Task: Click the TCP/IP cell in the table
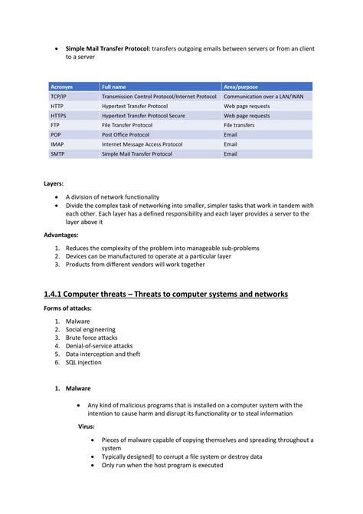click(x=60, y=97)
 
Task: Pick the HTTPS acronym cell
click(x=59, y=115)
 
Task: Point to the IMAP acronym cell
click(x=58, y=143)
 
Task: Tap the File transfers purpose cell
click(x=239, y=124)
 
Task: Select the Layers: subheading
click(x=54, y=184)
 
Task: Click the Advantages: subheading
click(x=61, y=236)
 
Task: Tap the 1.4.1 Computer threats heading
click(x=165, y=294)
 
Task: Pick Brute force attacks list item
click(x=91, y=338)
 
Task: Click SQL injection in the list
click(x=83, y=362)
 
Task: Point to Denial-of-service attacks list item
click(x=99, y=346)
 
